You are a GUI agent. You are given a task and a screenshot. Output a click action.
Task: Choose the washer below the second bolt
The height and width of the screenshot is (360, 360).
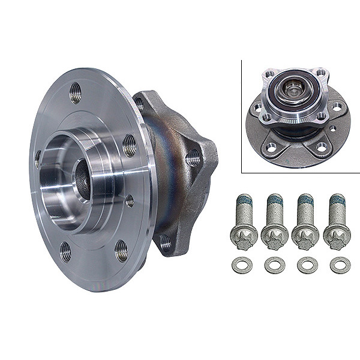click(275, 265)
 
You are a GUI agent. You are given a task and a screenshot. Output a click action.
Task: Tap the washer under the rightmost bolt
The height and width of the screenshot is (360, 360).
click(340, 265)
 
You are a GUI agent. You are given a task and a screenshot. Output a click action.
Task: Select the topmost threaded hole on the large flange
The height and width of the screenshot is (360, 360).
click(76, 93)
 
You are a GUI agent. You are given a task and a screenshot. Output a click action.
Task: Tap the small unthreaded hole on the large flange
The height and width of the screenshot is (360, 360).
click(129, 201)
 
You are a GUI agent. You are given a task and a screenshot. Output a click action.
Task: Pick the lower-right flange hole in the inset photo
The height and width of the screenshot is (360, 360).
click(322, 146)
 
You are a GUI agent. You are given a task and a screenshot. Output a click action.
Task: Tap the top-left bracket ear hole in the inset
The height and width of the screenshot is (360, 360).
click(268, 75)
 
